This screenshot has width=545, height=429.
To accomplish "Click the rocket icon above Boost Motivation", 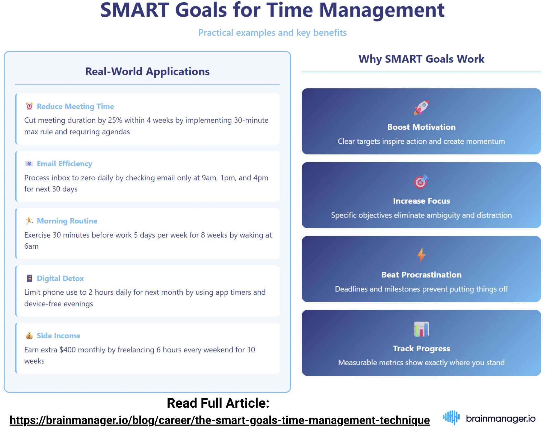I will [x=421, y=107].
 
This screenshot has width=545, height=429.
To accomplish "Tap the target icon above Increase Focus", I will [x=421, y=182].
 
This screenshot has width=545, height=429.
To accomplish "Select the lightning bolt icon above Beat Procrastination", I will [x=421, y=255].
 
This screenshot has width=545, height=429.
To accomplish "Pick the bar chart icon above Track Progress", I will [x=421, y=329].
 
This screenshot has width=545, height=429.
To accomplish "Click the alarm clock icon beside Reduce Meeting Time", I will [x=29, y=106].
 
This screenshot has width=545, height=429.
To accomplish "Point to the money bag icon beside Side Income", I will [x=29, y=336].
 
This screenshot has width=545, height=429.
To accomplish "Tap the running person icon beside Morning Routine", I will [x=29, y=221].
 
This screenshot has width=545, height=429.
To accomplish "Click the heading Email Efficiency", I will [x=64, y=164].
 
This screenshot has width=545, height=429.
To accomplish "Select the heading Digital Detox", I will [x=60, y=278].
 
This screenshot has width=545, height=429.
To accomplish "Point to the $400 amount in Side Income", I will [x=68, y=350].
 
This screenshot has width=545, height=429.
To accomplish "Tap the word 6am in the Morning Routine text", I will [x=31, y=246].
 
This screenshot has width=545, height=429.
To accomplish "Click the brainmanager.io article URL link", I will [x=220, y=420].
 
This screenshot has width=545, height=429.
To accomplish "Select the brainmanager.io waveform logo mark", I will [x=451, y=418].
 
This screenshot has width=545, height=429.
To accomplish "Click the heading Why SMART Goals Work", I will [x=421, y=59].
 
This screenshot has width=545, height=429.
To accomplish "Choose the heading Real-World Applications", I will [x=147, y=72].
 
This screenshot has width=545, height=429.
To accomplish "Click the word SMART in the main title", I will [x=135, y=11].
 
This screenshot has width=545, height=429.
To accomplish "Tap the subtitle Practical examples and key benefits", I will [x=272, y=33].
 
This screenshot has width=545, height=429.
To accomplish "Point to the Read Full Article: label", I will [x=218, y=403].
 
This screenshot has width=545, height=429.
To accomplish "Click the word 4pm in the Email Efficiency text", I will [x=260, y=178].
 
